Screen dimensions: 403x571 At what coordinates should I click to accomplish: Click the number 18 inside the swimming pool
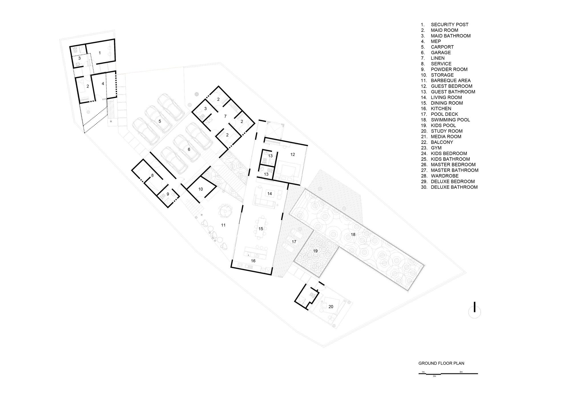353,235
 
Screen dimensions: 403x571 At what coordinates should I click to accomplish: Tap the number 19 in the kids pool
315,251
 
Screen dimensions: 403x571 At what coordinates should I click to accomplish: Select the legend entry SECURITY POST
449,25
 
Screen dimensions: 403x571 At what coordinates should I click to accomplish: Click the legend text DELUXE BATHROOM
454,187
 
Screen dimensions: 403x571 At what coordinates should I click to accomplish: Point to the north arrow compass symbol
475,311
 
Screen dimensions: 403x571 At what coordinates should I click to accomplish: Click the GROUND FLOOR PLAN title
441,363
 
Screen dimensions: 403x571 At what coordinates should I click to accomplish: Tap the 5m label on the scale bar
461,372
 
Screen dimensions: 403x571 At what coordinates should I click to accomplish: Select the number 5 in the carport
160,121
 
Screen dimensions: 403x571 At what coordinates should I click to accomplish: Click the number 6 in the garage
189,149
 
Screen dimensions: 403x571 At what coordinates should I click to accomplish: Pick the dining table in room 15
261,228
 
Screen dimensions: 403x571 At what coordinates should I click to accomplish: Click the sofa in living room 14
264,203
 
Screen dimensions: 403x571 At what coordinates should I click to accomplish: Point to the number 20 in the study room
331,307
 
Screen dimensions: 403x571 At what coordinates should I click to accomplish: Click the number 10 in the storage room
200,189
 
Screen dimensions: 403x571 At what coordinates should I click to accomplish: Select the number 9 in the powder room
168,194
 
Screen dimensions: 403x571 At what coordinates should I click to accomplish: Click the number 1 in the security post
100,53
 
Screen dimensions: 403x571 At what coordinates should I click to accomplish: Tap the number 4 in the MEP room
103,84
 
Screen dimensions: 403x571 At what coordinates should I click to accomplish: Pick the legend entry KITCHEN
441,109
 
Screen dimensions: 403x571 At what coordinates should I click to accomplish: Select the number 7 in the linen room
225,116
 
